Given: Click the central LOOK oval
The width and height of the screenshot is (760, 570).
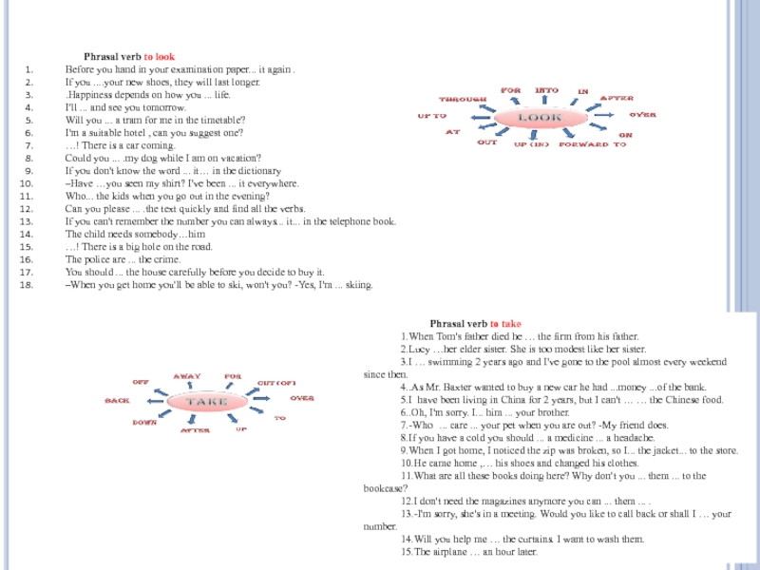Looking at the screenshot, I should [539, 116].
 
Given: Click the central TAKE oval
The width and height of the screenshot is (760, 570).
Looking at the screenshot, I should [207, 401].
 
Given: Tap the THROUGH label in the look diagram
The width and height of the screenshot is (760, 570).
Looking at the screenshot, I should [463, 99].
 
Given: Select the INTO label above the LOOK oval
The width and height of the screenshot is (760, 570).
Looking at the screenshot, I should [546, 90].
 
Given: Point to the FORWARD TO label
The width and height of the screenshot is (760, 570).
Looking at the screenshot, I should [593, 144].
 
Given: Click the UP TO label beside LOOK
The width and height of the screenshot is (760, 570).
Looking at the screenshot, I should [432, 115].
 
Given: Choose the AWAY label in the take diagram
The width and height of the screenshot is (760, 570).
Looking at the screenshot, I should [187, 376].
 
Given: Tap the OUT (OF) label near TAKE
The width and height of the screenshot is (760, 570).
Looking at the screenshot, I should [277, 382].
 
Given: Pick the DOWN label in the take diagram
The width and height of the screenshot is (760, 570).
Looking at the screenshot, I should [144, 422].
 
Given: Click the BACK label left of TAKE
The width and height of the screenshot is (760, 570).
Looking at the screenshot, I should [117, 401].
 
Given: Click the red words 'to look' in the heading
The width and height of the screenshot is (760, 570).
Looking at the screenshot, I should [159, 57].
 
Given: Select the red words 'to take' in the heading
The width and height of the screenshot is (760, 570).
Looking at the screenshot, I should [504, 324].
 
